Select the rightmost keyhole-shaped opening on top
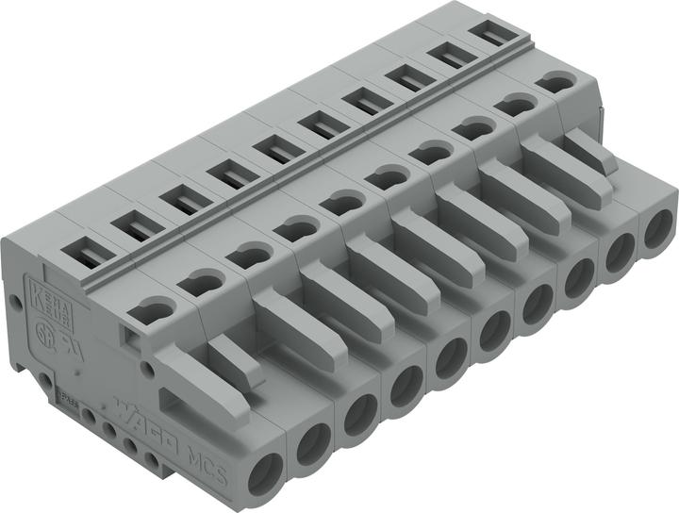(557, 84)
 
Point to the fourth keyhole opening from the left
(297, 227)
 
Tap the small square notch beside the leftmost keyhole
(131, 333)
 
